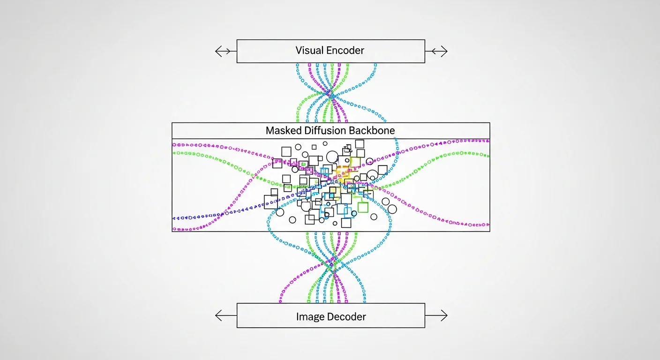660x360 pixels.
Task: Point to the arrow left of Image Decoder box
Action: click(225, 316)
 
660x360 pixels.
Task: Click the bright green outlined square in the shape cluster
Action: click(363, 207)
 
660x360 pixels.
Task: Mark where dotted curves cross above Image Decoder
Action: click(332, 270)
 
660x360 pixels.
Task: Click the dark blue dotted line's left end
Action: click(174, 218)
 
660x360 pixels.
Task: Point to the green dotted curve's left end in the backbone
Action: click(174, 153)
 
